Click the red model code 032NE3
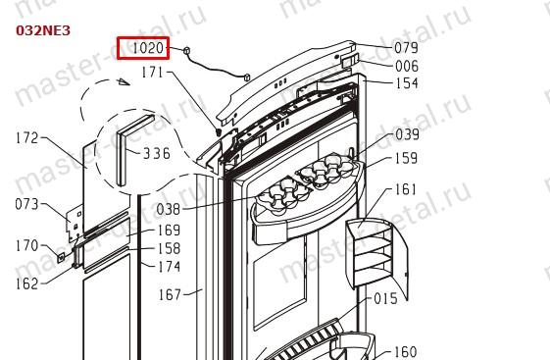[43, 30]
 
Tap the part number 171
[152, 73]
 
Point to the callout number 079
[406, 48]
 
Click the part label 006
[407, 66]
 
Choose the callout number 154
[407, 83]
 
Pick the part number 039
[407, 134]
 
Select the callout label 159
[406, 158]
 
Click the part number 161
[406, 189]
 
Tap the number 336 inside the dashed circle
[157, 154]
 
